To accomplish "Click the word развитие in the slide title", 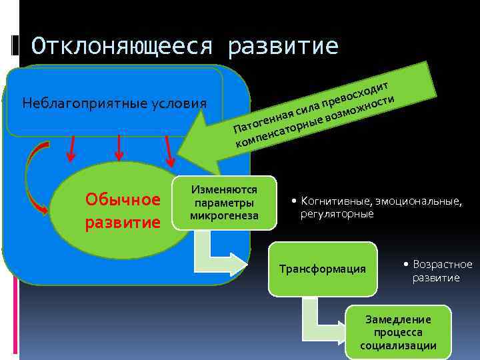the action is (283, 46).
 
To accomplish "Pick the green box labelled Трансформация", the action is (323, 269).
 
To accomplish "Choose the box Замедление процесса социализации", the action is (398, 332).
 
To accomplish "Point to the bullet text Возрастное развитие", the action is (441, 271).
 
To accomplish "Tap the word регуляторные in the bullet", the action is (337, 215).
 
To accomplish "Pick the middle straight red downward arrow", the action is (118, 148).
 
